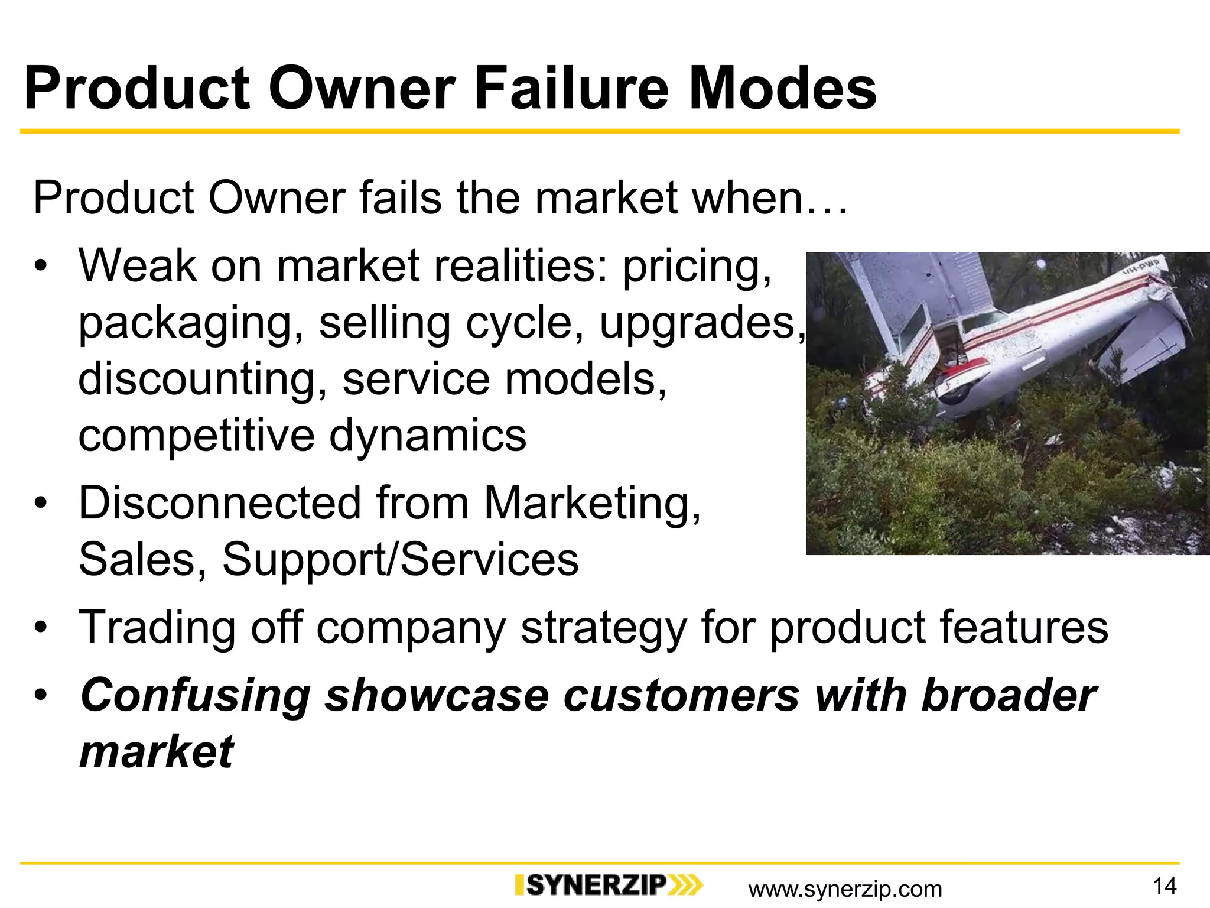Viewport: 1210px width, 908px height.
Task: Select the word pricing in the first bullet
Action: click(697, 267)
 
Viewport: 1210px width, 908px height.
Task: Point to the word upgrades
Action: click(701, 324)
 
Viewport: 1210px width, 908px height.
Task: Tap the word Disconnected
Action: click(220, 504)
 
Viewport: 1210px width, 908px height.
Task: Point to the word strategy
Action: click(603, 628)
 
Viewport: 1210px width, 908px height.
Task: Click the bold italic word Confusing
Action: click(195, 695)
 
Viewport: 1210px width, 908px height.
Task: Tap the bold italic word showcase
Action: click(437, 695)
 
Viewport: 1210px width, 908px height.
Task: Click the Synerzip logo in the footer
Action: click(609, 885)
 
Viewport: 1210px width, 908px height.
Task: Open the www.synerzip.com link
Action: click(845, 888)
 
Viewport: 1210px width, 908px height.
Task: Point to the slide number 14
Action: click(1165, 886)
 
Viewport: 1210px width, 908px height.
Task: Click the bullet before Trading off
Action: click(40, 627)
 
